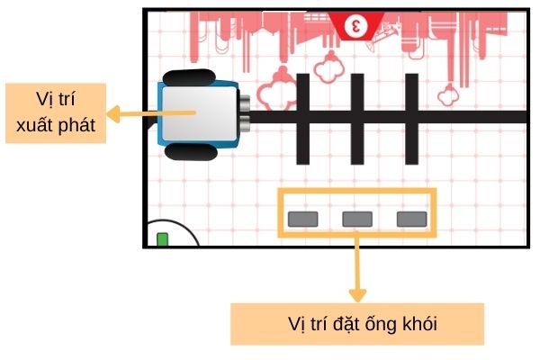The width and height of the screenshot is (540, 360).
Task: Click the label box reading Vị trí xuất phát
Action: (55, 113)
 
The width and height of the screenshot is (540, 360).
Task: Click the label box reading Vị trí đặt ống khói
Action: (357, 324)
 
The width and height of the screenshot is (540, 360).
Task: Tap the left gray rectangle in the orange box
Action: (303, 218)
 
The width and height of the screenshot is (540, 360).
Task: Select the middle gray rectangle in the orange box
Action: (357, 218)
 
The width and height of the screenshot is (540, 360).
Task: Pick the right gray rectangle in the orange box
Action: (412, 218)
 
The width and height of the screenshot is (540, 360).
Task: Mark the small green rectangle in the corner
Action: (163, 239)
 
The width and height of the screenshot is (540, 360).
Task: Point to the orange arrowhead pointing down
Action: (357, 295)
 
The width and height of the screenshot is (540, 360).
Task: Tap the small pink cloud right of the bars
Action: (446, 92)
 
